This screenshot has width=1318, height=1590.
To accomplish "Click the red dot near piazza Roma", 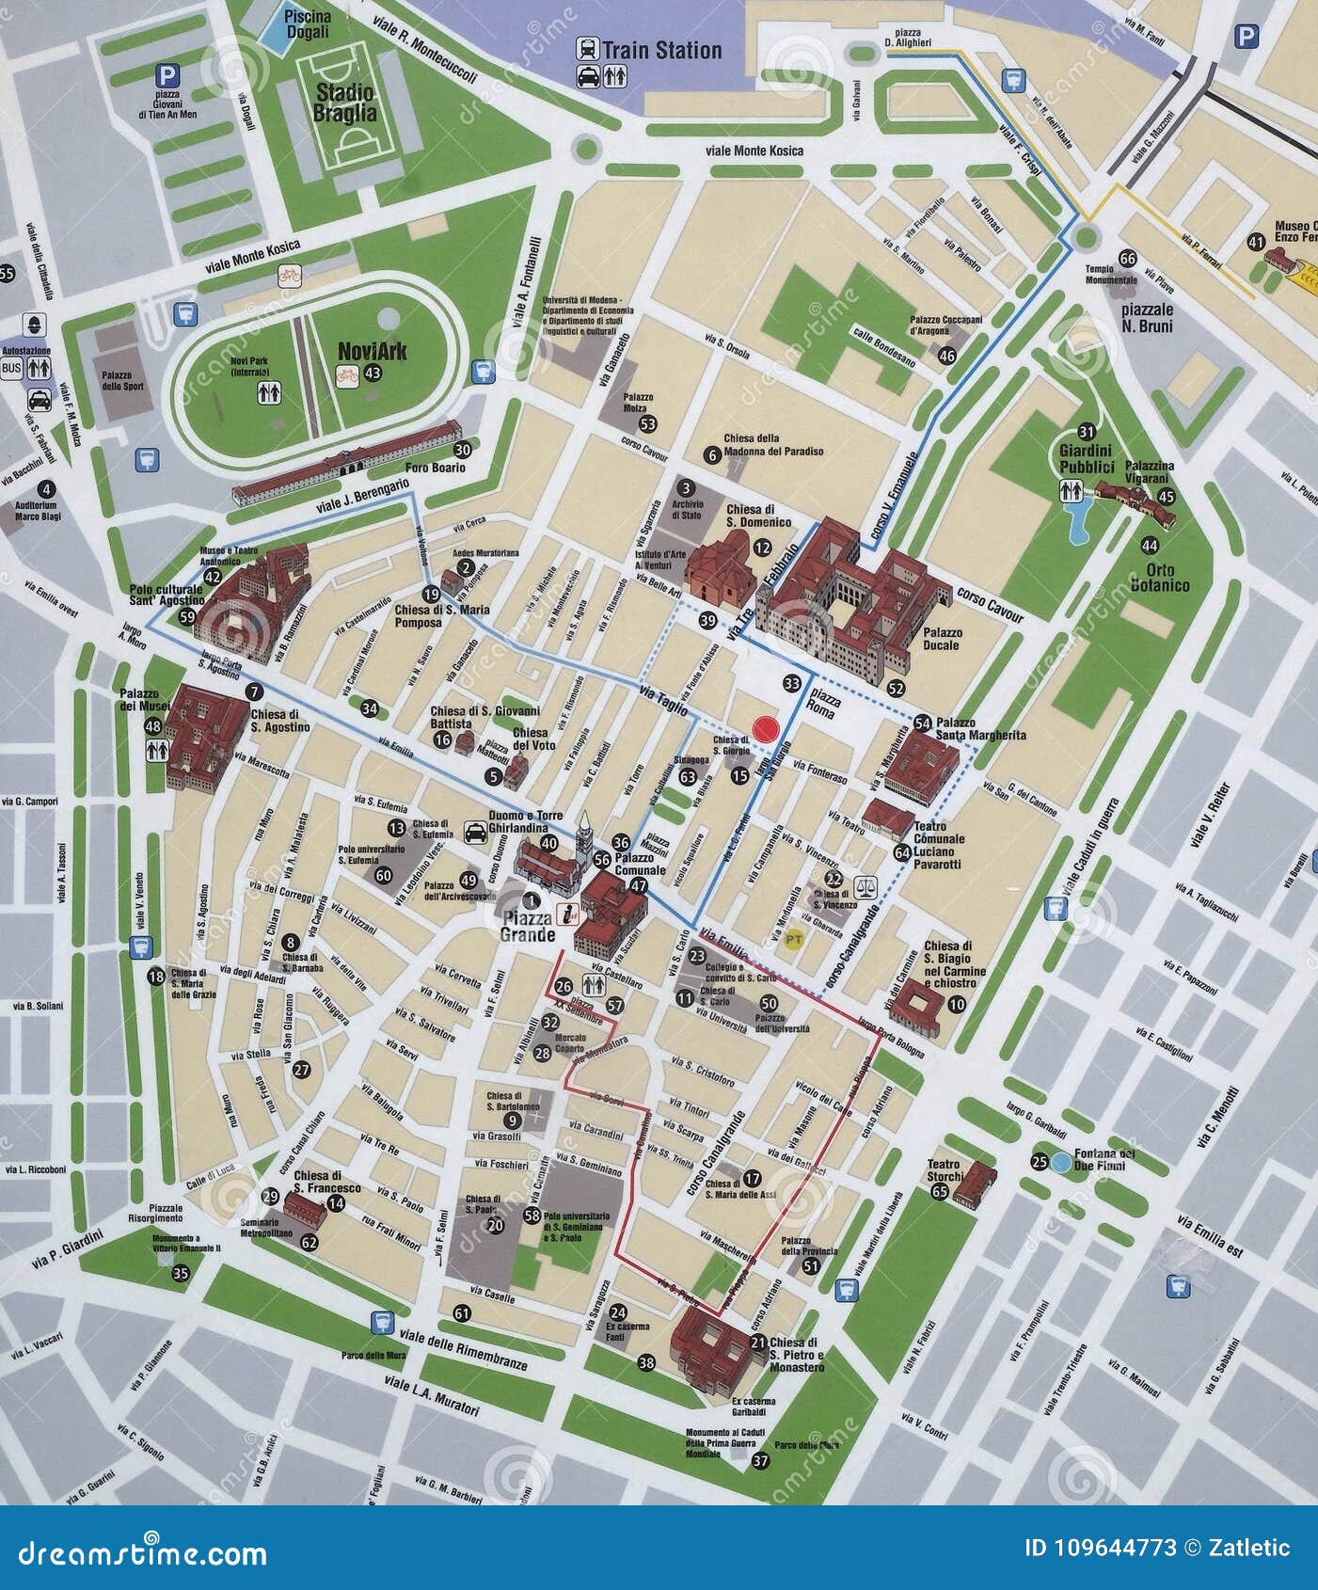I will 766,729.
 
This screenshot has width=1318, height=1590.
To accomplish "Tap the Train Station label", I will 661,51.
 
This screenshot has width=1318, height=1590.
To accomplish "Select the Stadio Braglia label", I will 345,103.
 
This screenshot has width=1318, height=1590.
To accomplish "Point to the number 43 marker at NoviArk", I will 373,374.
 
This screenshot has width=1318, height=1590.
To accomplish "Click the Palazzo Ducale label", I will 941,639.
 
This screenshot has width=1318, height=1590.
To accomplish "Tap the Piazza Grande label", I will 527,927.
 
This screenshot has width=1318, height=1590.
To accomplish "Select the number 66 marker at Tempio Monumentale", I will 1127,259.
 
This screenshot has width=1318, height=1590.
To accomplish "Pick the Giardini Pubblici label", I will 1087,460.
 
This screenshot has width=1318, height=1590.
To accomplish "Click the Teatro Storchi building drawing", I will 975,1184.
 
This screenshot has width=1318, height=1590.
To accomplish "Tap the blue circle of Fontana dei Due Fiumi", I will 1060,1162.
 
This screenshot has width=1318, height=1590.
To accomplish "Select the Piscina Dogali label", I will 308,24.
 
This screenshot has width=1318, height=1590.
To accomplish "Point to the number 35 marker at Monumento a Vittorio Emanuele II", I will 181,1274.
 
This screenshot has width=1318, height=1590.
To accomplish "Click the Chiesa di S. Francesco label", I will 319,1182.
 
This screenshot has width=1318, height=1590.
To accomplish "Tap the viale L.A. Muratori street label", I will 432,1395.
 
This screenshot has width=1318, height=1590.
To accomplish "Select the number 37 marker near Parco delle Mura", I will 760,1461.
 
